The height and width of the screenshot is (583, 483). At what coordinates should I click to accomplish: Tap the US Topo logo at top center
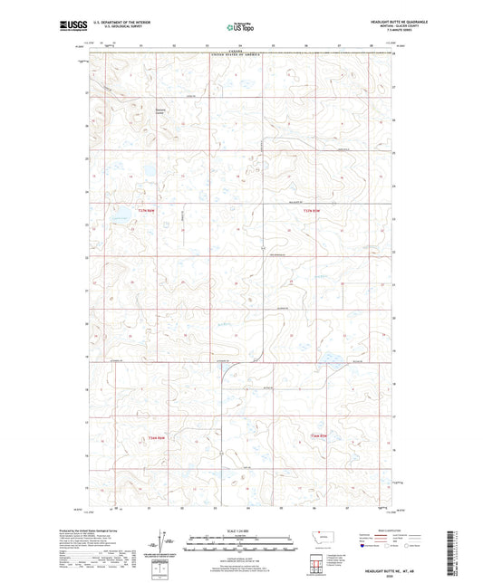(x=240, y=27)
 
